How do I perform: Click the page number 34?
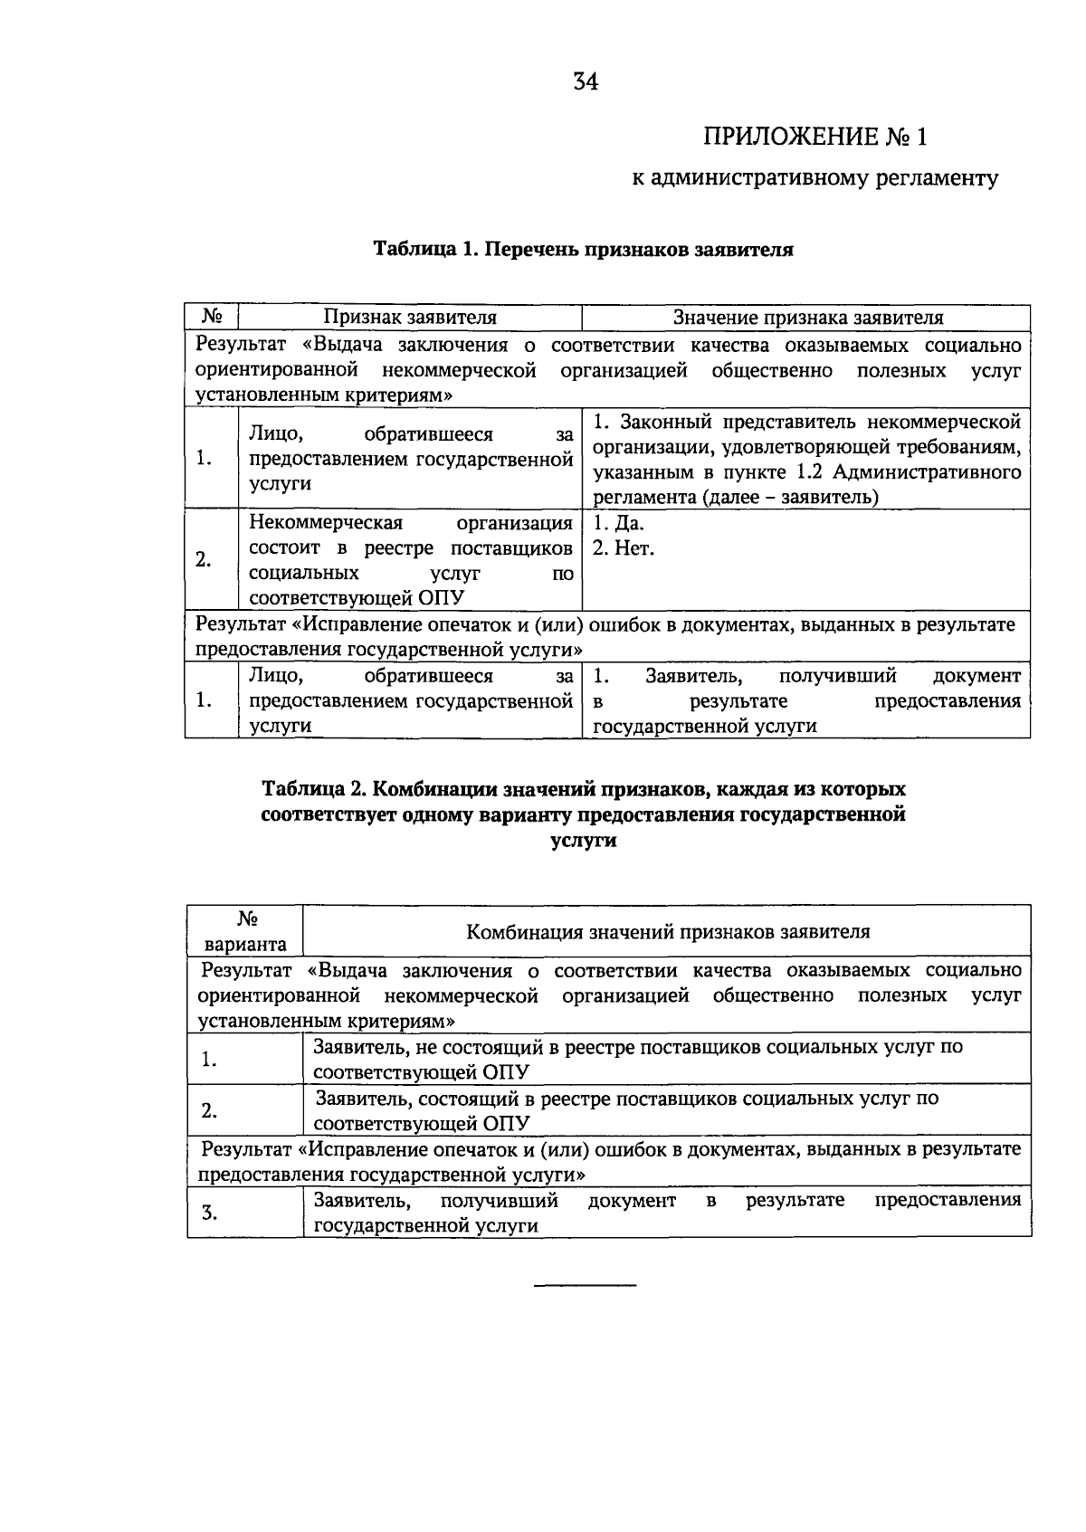pos(586,82)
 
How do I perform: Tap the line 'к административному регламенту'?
pos(814,178)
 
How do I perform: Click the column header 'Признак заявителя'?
pos(411,318)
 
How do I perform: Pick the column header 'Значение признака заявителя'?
pos(807,318)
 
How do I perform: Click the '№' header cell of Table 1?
pos(212,318)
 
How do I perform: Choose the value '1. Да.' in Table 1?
pos(619,523)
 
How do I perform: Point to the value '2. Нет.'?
pos(623,547)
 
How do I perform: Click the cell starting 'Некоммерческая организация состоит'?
pos(411,560)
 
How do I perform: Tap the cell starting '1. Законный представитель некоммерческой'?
pos(807,460)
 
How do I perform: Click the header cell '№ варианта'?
pos(245,931)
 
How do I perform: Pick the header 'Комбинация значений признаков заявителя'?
pos(668,931)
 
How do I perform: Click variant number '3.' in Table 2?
pos(209,1213)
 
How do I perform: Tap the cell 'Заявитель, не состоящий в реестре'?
pos(638,1059)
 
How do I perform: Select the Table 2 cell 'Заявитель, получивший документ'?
pos(667,1213)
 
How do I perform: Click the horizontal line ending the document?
pos(586,1285)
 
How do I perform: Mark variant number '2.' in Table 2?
pos(209,1110)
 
